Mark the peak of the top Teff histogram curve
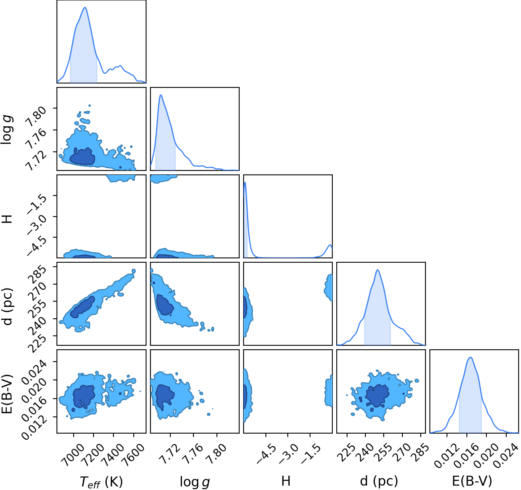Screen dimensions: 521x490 point(85,7)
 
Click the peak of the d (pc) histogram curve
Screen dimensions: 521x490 point(378,270)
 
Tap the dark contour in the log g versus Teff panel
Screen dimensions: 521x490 point(82,157)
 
